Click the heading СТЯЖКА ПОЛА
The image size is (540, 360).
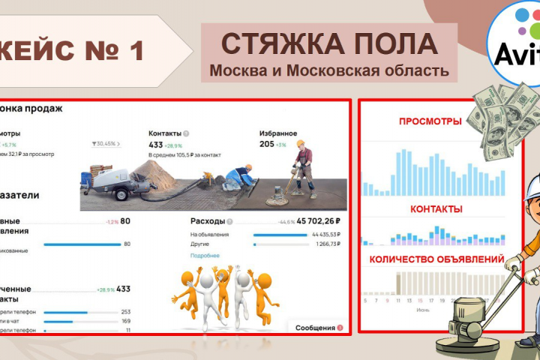pyautogui.click(x=328, y=43)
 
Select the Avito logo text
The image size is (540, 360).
pyautogui.click(x=517, y=54)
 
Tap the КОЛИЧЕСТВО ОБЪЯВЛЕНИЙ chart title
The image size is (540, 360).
pyautogui.click(x=435, y=259)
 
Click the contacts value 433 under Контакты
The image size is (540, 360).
pyautogui.click(x=156, y=145)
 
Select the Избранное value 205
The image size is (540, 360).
pyautogui.click(x=266, y=145)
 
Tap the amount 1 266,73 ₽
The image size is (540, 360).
pyautogui.click(x=325, y=244)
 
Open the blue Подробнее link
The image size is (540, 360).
pyautogui.click(x=205, y=256)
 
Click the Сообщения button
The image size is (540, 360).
pyautogui.click(x=315, y=328)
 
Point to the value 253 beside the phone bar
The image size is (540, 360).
pyautogui.click(x=125, y=312)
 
